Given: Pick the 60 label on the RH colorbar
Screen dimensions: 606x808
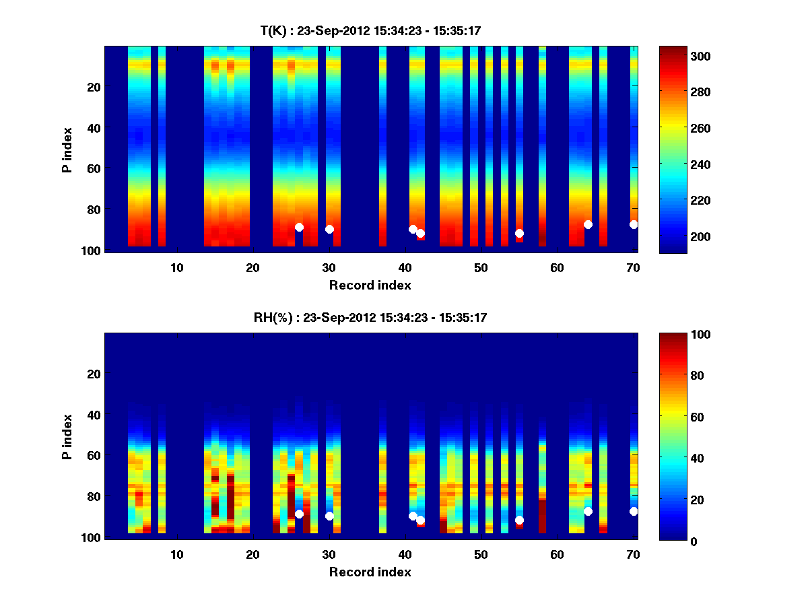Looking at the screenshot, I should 675,417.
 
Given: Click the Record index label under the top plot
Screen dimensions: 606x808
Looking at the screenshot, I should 370,285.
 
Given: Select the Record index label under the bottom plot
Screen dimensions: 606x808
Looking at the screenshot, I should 370,572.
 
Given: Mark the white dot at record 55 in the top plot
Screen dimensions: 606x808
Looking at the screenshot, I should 519,233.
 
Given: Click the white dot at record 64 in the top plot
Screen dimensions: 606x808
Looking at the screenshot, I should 588,224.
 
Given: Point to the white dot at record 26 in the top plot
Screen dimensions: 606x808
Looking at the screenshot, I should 299,227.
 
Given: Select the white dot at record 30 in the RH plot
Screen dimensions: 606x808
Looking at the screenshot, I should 329,516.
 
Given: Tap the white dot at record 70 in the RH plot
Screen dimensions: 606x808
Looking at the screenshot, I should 634,511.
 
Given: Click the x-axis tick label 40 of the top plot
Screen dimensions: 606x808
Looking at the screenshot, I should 405,267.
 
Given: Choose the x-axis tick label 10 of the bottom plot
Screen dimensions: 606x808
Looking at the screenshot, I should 176,553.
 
